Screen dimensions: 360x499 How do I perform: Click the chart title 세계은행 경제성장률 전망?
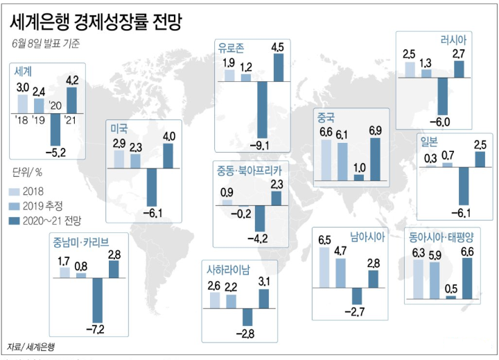[x=96, y=22]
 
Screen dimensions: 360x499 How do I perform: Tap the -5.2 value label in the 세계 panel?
[x=55, y=151]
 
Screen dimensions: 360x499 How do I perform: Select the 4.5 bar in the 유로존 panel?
[x=279, y=68]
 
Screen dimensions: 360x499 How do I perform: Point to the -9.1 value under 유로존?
[x=263, y=144]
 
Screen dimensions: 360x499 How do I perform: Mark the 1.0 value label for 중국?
[x=358, y=166]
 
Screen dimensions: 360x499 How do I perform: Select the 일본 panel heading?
[x=429, y=142]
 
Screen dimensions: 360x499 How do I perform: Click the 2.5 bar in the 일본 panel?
[x=480, y=159]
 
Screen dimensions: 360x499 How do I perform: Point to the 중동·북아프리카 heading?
[x=249, y=170]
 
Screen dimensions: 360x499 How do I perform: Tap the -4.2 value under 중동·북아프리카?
[x=261, y=240]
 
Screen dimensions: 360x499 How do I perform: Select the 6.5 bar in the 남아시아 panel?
[x=324, y=267]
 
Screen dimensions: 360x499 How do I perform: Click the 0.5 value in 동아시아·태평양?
[x=451, y=288]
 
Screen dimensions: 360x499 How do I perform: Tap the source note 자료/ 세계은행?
[x=31, y=345]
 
